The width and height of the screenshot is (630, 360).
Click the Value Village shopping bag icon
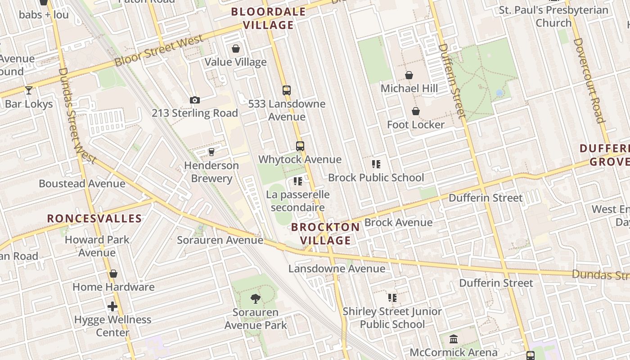click(235, 49)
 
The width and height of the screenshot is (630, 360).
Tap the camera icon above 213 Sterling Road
click(194, 100)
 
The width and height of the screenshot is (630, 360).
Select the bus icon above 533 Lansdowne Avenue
click(287, 90)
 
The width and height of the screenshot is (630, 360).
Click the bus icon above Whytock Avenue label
click(300, 146)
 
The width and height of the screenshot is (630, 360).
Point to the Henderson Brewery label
click(211, 172)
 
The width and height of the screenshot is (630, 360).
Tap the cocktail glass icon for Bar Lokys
click(29, 90)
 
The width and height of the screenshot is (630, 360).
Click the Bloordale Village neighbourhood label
click(269, 18)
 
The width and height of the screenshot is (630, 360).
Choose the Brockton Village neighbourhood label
click(325, 234)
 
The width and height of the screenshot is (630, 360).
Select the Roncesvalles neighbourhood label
click(94, 219)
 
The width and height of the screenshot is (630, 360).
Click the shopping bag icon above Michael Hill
click(409, 75)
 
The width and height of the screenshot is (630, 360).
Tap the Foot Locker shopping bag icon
click(416, 111)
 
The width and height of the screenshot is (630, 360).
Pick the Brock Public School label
click(376, 178)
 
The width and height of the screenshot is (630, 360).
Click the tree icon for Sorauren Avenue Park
click(255, 298)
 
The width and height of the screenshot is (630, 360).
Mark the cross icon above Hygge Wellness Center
click(112, 307)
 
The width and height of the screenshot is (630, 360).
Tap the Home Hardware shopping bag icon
click(113, 274)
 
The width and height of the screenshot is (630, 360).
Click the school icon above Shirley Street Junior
click(392, 297)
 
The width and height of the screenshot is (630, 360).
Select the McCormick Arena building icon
click(454, 339)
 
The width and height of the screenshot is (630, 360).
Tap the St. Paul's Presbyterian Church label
click(553, 16)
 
